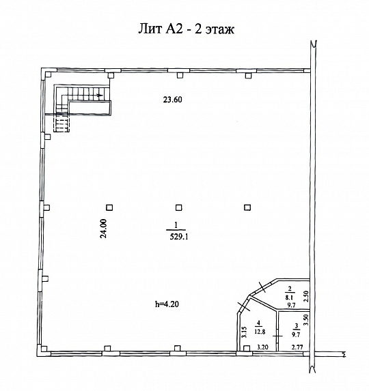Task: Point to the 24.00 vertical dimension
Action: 102,228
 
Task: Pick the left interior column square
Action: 109,207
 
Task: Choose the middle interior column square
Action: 178,207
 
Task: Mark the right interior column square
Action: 246,207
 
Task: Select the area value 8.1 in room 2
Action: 290,297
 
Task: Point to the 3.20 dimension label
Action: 262,347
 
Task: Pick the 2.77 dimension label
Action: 297,347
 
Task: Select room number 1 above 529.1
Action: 177,227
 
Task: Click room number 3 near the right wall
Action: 295,326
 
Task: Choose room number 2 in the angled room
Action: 290,288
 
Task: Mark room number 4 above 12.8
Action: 259,323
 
